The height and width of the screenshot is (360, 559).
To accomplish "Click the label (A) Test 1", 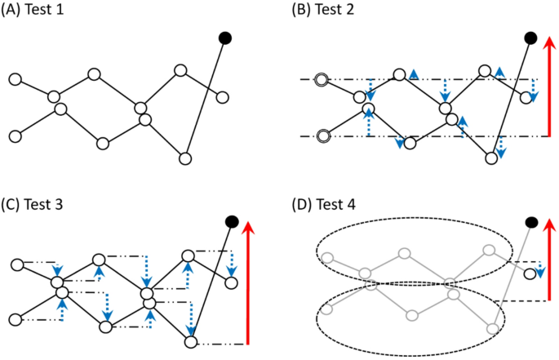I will (37, 11).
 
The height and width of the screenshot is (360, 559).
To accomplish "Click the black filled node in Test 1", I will (225, 38).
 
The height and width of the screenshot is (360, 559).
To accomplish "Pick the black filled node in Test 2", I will (530, 38).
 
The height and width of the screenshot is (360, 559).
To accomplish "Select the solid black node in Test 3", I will (232, 220).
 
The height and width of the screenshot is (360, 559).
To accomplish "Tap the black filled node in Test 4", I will (532, 221).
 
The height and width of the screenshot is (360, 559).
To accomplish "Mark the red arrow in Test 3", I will (247, 282).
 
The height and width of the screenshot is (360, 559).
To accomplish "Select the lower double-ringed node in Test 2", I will (323, 136).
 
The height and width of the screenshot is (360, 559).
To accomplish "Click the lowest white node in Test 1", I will (184, 158).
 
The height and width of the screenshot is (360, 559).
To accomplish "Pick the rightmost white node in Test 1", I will (223, 96).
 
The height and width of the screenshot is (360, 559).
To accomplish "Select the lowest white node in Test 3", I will (191, 342).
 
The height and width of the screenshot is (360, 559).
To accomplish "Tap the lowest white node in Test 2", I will (490, 158).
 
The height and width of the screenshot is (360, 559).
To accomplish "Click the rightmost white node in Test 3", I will (231, 282).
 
